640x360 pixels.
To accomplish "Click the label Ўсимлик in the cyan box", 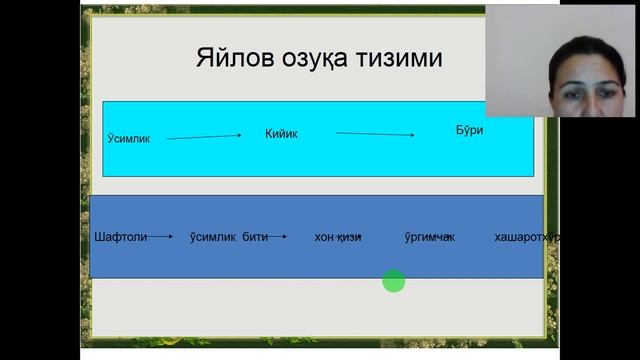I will point(128,138).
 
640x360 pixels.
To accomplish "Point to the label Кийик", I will point(281,133).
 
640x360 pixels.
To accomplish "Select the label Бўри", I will point(469,130).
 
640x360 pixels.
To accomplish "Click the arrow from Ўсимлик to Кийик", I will point(204,137).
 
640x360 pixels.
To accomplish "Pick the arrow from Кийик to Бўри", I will point(374,133).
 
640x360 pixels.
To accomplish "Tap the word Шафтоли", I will point(119,237).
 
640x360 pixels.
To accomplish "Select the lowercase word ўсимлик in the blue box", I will point(212,237).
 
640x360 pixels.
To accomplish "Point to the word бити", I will point(254,237).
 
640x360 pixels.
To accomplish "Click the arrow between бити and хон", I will point(278,237).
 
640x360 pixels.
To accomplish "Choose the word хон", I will point(325,237).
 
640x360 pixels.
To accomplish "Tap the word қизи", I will point(350,237).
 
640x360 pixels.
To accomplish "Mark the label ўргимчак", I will point(429,237).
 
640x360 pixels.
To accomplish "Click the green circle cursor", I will point(394,282).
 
